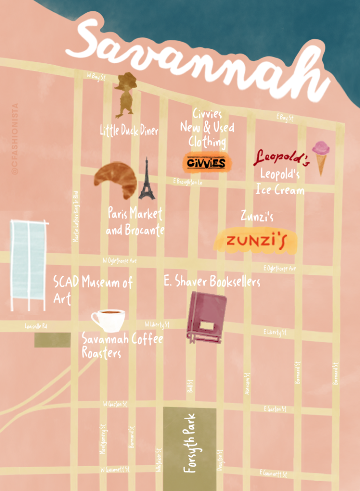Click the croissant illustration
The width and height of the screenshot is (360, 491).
tap(115, 180)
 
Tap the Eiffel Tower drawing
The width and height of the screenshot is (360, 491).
tap(146, 179)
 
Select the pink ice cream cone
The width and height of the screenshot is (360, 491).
tap(321, 156)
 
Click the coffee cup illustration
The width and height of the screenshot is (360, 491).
tap(108, 320)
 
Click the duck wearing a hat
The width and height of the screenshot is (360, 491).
tap(125, 95)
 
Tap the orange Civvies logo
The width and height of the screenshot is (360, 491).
tap(206, 163)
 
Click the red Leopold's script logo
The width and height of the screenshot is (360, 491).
tap(281, 158)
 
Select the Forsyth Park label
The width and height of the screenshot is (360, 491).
tap(189, 442)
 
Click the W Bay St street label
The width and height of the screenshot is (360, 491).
tap(94, 76)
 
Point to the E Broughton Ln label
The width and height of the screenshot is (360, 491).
tap(187, 181)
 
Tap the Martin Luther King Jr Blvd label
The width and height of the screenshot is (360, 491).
tap(76, 216)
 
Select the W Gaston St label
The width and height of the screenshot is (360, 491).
tap(114, 404)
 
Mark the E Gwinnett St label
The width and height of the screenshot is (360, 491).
tap(273, 473)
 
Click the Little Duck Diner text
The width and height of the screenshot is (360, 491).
tap(129, 130)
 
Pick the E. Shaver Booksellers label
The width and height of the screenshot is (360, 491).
tap(212, 281)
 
